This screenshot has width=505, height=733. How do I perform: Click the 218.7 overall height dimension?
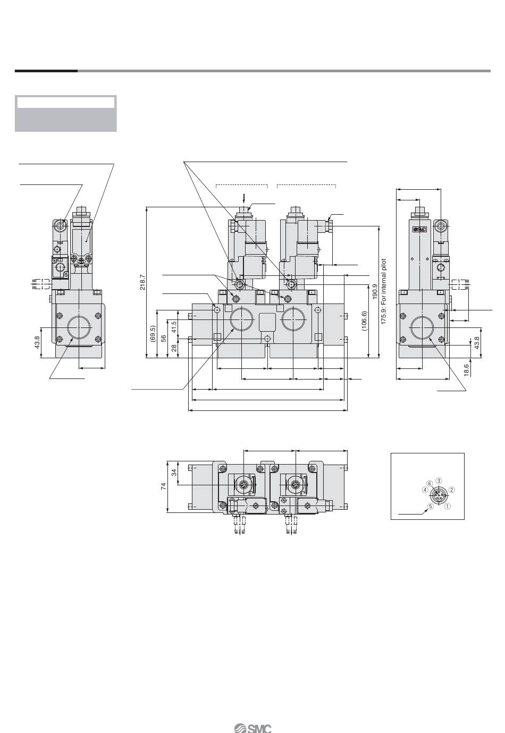click(x=142, y=282)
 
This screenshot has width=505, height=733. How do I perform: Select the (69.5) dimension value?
click(x=153, y=333)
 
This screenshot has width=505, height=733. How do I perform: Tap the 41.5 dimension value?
click(x=174, y=327)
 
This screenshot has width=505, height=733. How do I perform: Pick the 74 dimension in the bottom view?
click(x=164, y=486)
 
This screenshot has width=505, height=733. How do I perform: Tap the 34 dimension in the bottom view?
click(x=174, y=472)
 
